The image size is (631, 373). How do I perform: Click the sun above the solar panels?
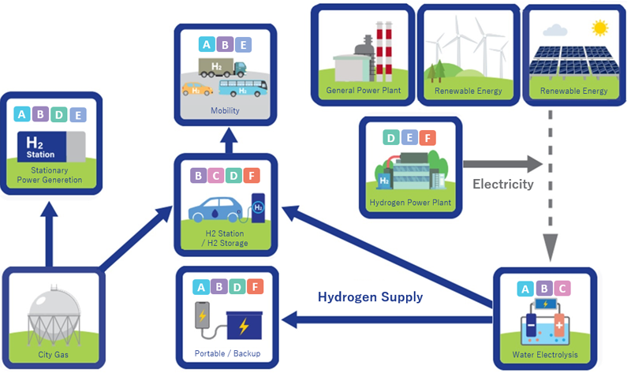coord(601,28)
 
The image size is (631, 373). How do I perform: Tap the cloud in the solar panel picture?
coord(555,31)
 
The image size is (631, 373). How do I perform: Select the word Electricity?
coord(502,185)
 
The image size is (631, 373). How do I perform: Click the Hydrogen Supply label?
coord(370,297)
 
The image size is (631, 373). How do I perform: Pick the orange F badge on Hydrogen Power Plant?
coord(426,139)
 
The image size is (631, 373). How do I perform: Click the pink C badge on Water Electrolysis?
coord(561,289)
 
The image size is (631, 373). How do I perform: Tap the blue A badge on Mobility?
coord(206,45)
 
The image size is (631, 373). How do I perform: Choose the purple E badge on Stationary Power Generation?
coord(77,115)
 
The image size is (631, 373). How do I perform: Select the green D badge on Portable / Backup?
coord(236,287)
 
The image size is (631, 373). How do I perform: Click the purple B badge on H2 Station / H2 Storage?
coord(200,175)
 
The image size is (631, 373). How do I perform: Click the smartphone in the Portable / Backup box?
coord(202,318)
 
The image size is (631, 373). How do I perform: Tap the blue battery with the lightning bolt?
coord(244,323)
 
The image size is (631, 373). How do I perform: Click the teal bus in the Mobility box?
coord(240,88)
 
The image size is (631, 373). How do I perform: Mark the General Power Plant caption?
coord(364,91)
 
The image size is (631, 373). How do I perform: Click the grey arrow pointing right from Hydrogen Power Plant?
coord(502,164)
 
